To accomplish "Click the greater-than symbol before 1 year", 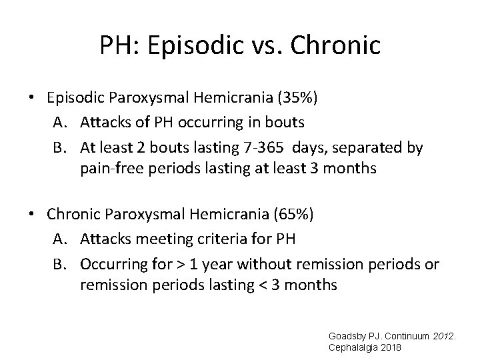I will coord(178,263).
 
